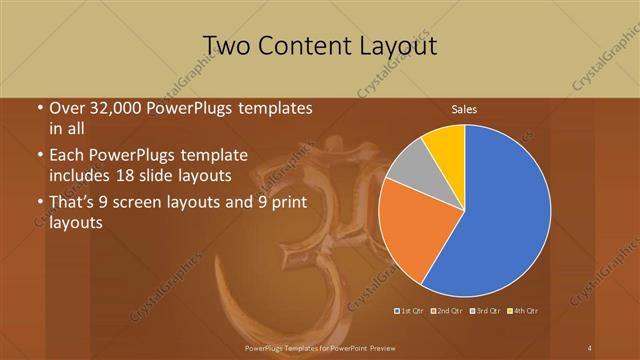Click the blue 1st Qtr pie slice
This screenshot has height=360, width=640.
pyautogui.click(x=500, y=210)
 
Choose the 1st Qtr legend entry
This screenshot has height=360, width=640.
pyautogui.click(x=410, y=311)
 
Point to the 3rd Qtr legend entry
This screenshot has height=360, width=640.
pyautogui.click(x=484, y=311)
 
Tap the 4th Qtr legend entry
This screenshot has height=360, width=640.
pyautogui.click(x=523, y=311)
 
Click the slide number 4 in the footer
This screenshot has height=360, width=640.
pyautogui.click(x=590, y=347)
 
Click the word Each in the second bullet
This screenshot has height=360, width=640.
pyautogui.click(x=67, y=155)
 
